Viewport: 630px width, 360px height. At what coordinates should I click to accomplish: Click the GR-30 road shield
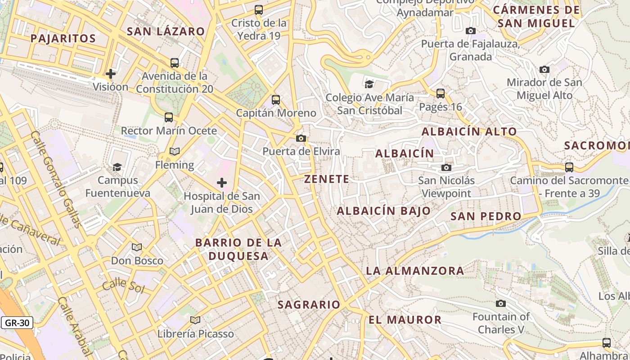point(18,323)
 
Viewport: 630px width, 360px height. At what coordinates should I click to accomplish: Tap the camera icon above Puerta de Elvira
point(301,138)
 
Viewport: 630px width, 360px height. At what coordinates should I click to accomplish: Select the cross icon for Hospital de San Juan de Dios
point(221,183)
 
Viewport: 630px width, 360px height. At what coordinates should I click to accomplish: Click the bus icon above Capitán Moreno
point(276,100)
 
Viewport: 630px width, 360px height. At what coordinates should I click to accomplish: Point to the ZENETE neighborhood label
point(327,179)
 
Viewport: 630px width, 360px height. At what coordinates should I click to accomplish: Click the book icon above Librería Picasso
point(195,320)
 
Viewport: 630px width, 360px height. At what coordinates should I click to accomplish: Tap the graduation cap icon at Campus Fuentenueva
point(117,167)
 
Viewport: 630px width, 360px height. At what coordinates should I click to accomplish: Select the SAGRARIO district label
point(309,305)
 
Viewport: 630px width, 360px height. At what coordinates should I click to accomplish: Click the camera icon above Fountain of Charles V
point(500,304)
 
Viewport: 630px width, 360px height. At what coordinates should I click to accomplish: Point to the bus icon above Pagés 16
point(441,94)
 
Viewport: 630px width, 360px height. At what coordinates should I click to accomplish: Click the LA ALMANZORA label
point(415,271)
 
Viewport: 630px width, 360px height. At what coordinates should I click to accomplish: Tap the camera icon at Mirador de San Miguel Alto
point(544,70)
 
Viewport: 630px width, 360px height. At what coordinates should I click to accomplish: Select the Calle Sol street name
point(123,286)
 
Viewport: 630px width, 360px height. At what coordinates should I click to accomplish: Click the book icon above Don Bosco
point(137,247)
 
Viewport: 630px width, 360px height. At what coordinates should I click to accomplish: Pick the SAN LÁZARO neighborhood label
point(166,31)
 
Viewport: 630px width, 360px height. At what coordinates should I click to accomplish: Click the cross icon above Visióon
point(111,73)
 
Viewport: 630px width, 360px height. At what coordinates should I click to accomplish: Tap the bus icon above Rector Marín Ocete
point(169,117)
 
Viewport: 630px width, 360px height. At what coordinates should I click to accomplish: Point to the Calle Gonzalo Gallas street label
point(57,180)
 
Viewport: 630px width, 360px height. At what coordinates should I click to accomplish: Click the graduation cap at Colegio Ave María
point(369,84)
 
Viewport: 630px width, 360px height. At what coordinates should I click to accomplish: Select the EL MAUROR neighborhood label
point(405,320)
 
